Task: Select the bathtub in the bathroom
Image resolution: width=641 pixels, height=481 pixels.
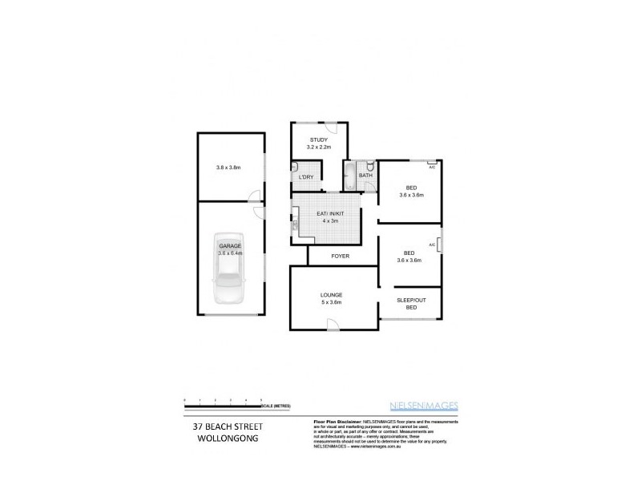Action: click(349, 176)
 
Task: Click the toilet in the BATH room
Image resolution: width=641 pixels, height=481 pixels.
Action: click(369, 167)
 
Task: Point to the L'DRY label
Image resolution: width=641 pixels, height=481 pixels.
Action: click(305, 176)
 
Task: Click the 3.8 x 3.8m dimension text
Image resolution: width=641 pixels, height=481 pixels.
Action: click(228, 168)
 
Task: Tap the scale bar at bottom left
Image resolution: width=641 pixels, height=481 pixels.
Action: click(224, 401)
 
